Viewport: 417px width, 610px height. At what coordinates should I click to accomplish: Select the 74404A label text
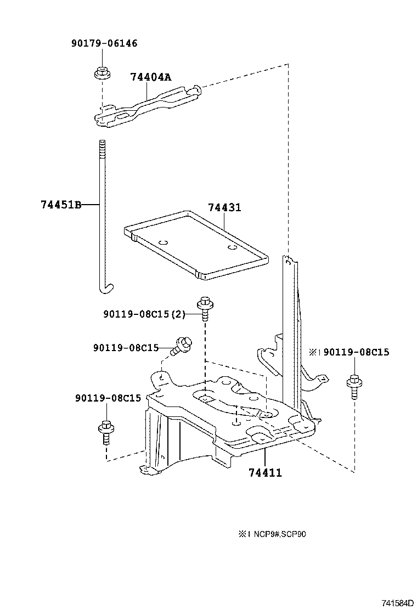(150, 77)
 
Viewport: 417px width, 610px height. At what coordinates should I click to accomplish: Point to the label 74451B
(60, 205)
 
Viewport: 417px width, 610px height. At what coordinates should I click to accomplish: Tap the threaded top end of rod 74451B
(102, 147)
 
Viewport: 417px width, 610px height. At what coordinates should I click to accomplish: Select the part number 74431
(224, 208)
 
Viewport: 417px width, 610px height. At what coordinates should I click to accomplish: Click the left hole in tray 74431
(162, 241)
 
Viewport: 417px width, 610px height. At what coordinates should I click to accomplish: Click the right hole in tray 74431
(232, 247)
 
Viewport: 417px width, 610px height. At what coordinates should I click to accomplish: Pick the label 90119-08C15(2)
(144, 314)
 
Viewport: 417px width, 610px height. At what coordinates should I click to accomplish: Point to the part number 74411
(265, 472)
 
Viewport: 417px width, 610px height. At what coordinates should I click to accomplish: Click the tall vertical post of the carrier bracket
(289, 318)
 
